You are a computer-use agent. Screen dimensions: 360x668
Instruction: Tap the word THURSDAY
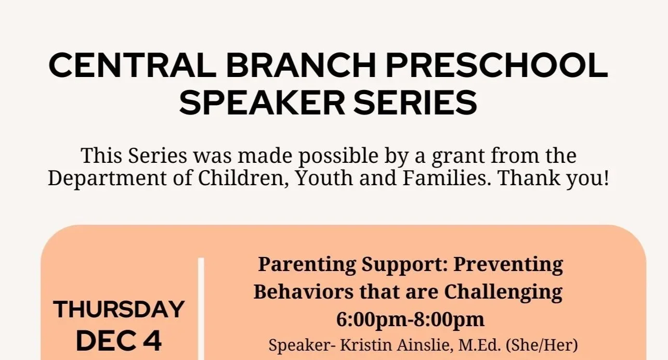pos(119,310)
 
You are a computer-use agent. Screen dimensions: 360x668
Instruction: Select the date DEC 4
pos(119,341)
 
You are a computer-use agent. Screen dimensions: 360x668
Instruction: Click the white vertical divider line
pos(201,307)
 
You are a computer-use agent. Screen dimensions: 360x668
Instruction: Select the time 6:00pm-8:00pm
pos(410,319)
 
